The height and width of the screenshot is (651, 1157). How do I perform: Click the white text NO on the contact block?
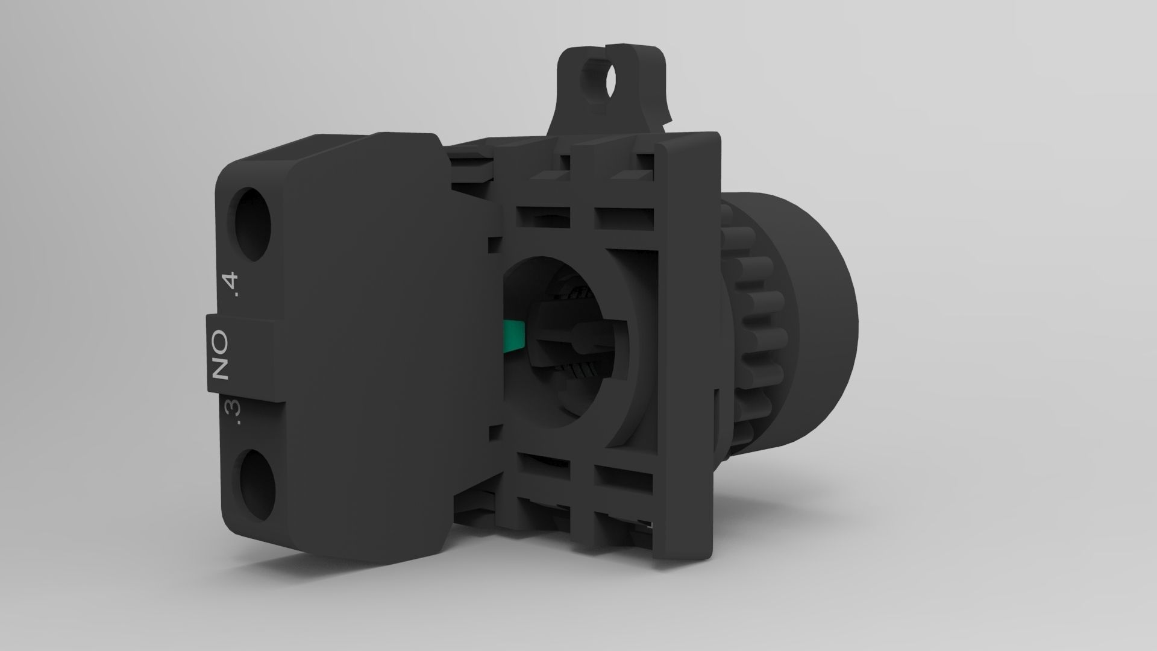pos(221,354)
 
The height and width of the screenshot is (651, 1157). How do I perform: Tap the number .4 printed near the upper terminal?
pos(231,286)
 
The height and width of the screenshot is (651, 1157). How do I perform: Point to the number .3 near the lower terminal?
pos(233,413)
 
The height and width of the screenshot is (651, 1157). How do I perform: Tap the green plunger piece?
pos(513,336)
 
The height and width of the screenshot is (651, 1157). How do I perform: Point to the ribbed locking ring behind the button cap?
pos(750,319)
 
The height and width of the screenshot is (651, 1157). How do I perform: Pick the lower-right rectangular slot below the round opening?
pos(623,479)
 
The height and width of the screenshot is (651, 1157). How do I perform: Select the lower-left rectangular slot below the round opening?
pos(542,479)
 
